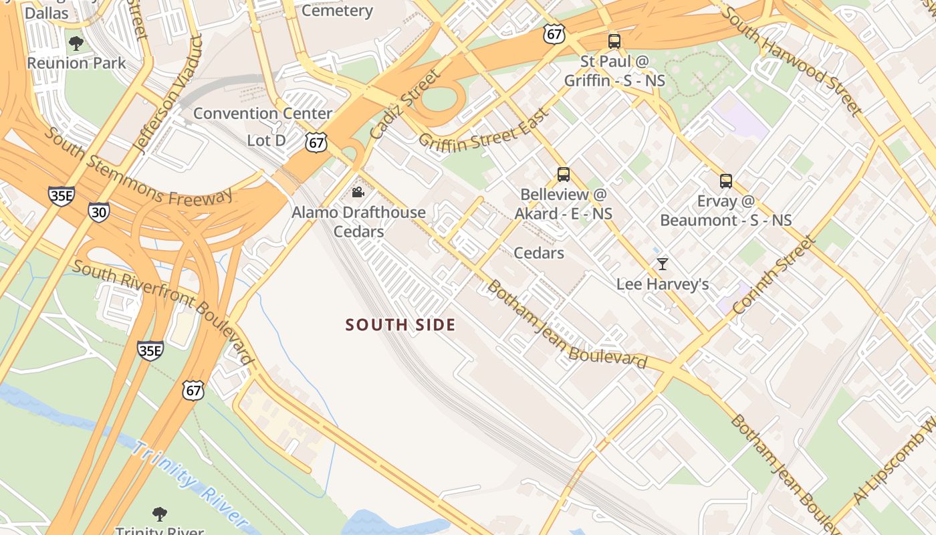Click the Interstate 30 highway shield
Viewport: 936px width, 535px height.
[x=98, y=212]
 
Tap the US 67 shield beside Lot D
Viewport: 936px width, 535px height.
[x=316, y=142]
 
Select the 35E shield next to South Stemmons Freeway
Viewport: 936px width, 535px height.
[x=61, y=195]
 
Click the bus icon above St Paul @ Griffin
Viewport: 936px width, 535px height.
[x=614, y=41]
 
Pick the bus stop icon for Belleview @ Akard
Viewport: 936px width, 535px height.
[x=564, y=175]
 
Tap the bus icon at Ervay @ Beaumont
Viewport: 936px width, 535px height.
[x=726, y=181]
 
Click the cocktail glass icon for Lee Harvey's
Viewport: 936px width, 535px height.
[x=662, y=264]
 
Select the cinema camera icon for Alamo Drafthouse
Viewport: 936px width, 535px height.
[x=358, y=193]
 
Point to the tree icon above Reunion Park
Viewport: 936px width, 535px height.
[x=76, y=44]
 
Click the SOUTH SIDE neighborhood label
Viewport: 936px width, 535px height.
[x=400, y=325]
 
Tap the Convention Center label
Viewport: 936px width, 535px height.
[x=263, y=114]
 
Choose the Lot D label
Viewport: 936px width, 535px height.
[x=266, y=140]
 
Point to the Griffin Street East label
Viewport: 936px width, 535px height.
[x=483, y=128]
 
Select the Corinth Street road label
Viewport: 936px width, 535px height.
[x=774, y=275]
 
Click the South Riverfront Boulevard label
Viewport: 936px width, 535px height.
[x=163, y=312]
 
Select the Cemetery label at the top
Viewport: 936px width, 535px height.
[x=337, y=11]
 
